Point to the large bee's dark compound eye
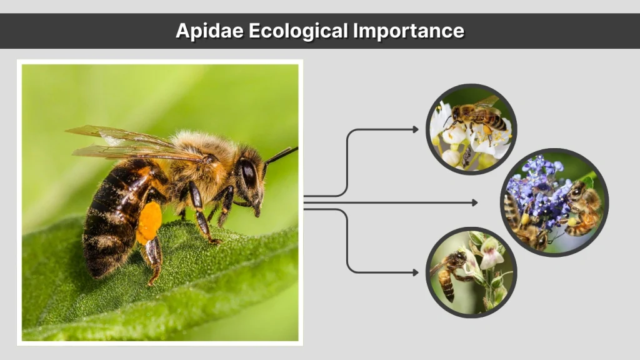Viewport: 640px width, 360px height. point(248,173)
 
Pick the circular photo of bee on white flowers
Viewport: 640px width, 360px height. point(471,130)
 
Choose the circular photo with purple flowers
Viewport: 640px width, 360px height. point(554,202)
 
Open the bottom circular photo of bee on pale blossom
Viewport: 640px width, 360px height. point(471,272)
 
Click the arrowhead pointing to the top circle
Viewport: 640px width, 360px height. point(416,129)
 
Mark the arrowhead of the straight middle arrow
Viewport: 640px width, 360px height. point(474,202)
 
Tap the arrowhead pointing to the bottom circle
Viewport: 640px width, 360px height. point(416,272)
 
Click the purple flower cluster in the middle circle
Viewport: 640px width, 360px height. point(538,187)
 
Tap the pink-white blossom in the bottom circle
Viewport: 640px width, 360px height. point(490,253)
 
